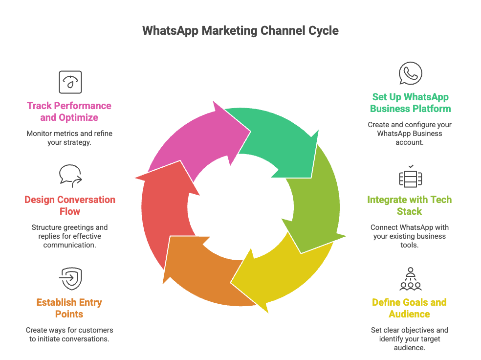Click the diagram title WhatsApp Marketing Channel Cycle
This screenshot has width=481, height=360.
240,30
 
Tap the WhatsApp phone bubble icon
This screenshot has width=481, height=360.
410,74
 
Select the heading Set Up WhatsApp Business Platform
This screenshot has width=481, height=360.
410,103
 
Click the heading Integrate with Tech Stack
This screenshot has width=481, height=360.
409,205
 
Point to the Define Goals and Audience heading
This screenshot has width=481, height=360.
409,308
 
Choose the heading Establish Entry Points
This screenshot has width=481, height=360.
69,308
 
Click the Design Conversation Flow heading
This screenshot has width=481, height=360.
70,205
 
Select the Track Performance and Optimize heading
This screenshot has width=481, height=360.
69,112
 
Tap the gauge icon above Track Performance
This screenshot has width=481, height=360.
70,82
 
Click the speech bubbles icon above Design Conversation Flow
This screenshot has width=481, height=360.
70,176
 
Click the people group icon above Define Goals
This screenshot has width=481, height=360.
410,279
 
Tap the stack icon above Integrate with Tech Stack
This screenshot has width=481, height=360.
410,178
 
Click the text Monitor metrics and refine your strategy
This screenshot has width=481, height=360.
69,138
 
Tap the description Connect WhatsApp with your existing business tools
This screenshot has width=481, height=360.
409,236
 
